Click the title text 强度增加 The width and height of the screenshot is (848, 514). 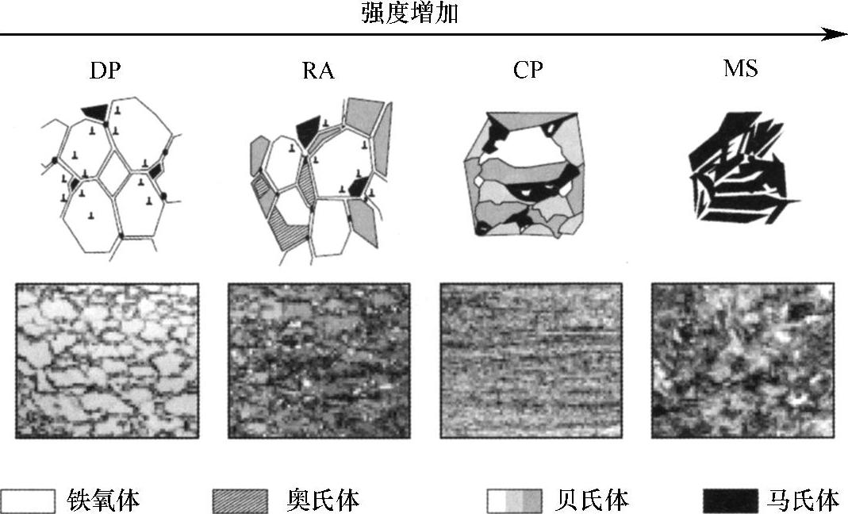pyautogui.click(x=410, y=13)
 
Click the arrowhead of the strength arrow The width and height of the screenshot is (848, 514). pyautogui.click(x=837, y=34)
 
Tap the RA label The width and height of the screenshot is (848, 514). pyautogui.click(x=318, y=71)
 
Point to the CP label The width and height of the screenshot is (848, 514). pyautogui.click(x=528, y=70)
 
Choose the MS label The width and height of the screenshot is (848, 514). pyautogui.click(x=740, y=69)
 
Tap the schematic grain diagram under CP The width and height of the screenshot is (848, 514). pyautogui.click(x=528, y=173)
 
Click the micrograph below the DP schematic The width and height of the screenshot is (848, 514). pyautogui.click(x=107, y=361)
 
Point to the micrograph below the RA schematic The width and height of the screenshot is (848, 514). pyautogui.click(x=319, y=361)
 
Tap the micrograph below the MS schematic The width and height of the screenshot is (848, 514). pyautogui.click(x=742, y=361)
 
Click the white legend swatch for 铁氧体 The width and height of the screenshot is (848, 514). pyautogui.click(x=29, y=501)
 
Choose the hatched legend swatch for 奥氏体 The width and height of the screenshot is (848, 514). pyautogui.click(x=240, y=501)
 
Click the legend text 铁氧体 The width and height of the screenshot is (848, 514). pyautogui.click(x=104, y=501)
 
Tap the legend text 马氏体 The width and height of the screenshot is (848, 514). pyautogui.click(x=802, y=501)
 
